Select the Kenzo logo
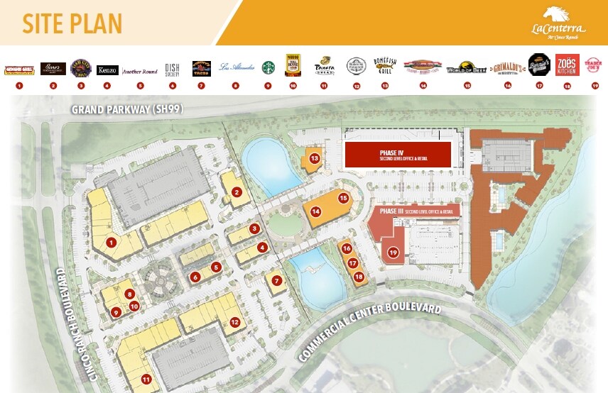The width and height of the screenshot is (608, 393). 107,70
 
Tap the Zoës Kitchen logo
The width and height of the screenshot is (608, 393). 567,65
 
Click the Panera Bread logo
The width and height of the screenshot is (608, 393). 324,66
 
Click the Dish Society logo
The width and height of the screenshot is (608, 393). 172,69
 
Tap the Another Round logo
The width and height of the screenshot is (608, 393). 140,70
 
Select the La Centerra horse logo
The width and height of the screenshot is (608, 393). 558,14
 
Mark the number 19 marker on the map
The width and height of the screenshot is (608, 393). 392,252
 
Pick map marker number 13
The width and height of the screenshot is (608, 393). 314,157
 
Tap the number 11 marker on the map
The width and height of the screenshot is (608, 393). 146,378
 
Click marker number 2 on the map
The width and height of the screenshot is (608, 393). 237,192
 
